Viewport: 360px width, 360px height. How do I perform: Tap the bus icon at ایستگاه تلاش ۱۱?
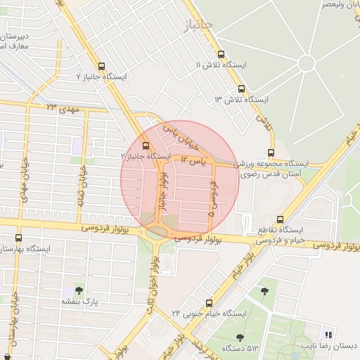pos(221,53)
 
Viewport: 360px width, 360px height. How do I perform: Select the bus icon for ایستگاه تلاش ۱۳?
pos(241,89)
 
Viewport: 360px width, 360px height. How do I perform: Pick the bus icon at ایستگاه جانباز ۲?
pos(146,146)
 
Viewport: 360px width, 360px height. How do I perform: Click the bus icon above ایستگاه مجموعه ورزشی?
pos(271,153)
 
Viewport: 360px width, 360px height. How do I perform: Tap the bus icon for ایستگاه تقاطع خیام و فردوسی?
pos(281,219)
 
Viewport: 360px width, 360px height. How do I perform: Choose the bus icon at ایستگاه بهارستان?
pos(18,238)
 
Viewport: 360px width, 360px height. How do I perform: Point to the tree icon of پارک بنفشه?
pos(77,290)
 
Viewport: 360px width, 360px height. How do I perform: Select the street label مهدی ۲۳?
pos(64,108)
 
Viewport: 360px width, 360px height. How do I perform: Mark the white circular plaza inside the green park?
pos(306,63)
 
